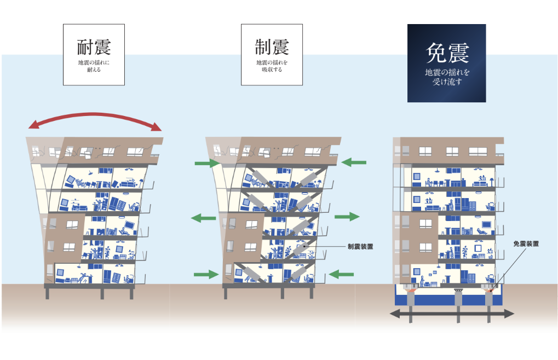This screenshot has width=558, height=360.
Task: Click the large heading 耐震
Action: [x=94, y=47]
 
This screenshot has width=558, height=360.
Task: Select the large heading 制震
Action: [x=272, y=47]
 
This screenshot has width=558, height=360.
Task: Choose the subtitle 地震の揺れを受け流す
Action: [x=447, y=77]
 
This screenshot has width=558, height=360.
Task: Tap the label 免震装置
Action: [x=526, y=243]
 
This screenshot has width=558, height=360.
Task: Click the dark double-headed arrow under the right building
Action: [x=452, y=314]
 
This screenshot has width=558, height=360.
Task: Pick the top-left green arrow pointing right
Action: [x=206, y=163]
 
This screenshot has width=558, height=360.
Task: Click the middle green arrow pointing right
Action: [x=347, y=217]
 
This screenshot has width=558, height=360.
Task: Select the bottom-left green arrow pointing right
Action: [x=206, y=274]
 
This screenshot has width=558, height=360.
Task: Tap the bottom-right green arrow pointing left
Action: [x=342, y=273]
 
